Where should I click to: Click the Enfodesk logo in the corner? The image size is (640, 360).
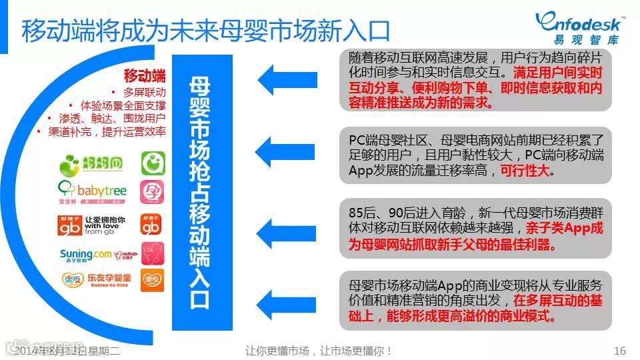579,27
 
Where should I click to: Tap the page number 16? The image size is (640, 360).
619,351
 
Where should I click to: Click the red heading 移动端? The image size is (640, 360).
145,75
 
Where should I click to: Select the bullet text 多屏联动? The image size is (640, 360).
145,92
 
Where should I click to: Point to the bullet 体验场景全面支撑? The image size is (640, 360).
123,105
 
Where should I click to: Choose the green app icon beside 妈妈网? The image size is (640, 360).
151,163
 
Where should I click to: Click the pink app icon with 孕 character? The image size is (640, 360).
151,192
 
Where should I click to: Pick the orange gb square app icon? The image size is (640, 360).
151,223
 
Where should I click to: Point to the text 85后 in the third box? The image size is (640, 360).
363,213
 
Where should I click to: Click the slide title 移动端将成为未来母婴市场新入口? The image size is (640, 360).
205,30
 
